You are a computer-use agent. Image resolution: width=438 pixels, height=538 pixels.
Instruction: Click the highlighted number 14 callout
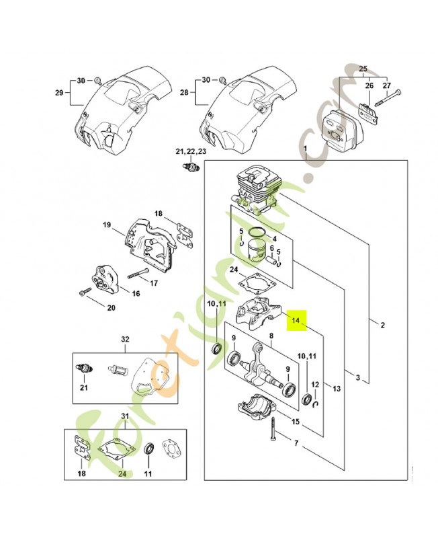click(296, 320)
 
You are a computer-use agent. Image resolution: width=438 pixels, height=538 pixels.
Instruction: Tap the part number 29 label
click(59, 93)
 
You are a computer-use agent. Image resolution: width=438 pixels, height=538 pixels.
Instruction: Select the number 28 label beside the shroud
click(184, 92)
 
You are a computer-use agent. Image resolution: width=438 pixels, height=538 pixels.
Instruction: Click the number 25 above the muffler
click(363, 69)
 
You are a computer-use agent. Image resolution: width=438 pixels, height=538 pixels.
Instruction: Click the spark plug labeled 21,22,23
click(190, 166)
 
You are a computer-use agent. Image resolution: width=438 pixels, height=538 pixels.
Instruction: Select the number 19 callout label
click(107, 225)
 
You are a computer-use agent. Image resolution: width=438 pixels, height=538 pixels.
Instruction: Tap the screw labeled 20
click(85, 293)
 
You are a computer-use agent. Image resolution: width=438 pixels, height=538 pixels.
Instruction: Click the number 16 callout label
click(136, 294)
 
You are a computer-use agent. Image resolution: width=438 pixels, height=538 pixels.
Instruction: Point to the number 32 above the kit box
click(126, 340)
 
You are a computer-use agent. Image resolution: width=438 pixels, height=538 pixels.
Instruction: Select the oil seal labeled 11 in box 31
click(148, 449)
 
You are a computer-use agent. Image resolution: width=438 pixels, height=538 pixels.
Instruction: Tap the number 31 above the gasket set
click(125, 416)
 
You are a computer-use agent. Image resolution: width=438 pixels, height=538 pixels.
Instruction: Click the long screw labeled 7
click(274, 430)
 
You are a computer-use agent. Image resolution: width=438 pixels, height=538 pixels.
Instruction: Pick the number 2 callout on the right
click(383, 325)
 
